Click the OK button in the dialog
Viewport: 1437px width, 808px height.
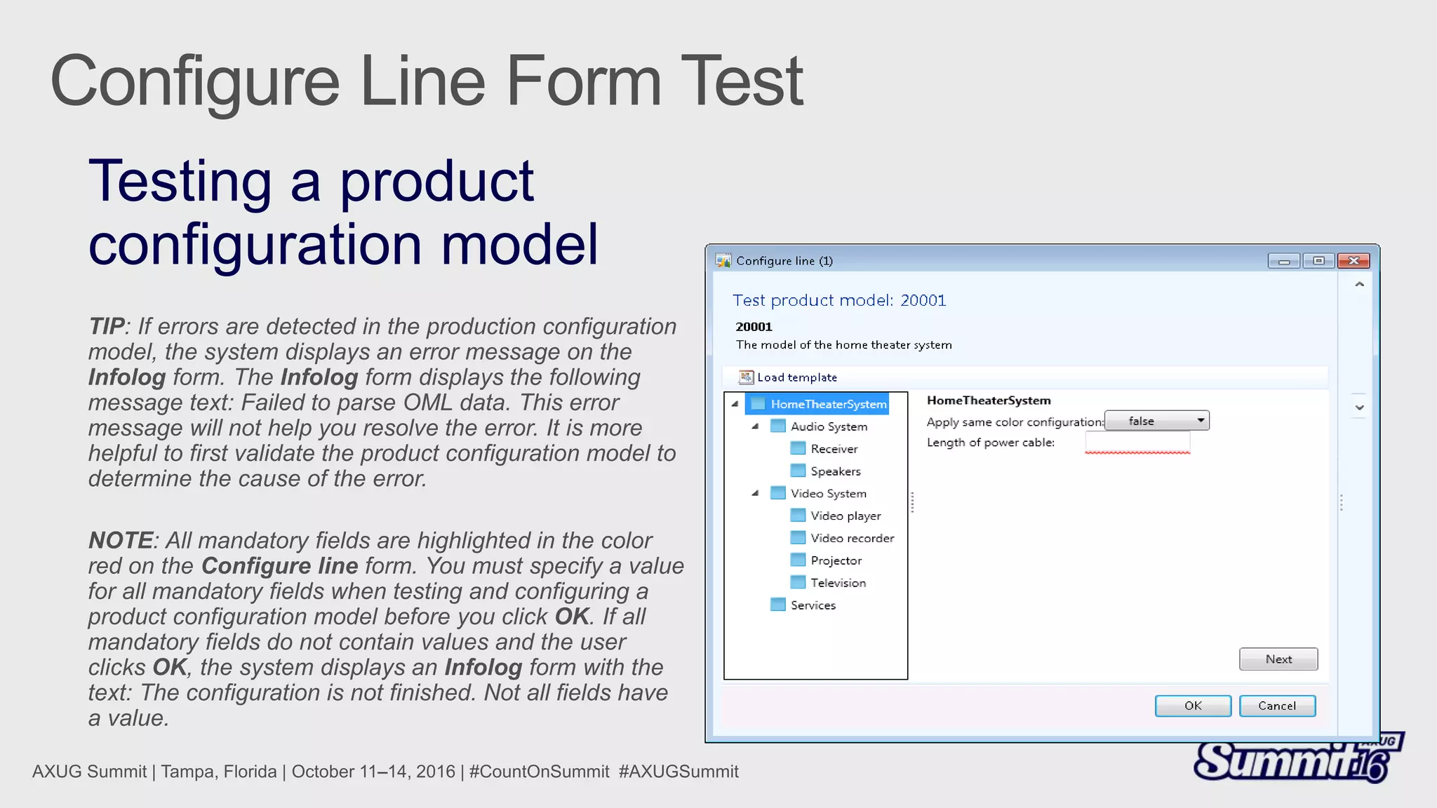coord(1192,706)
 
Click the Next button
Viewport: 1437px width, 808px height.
coord(1278,659)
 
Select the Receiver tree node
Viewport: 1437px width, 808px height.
coord(834,449)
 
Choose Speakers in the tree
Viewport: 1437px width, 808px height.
coord(835,471)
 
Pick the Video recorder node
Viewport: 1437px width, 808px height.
coord(852,538)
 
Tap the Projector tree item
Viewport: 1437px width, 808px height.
coord(836,560)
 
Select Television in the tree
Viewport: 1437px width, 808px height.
coord(838,583)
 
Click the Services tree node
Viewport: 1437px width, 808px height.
coord(813,605)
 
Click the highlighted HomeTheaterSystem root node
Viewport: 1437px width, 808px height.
coord(828,404)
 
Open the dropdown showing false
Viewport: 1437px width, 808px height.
coord(1156,421)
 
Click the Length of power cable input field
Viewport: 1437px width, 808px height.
coord(1137,443)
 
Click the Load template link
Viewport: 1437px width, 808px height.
coord(796,377)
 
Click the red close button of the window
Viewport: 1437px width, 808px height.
coord(1353,261)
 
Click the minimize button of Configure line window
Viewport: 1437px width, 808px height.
coord(1283,261)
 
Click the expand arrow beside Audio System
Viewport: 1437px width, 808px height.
coord(756,426)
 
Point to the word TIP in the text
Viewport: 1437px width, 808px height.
coord(107,327)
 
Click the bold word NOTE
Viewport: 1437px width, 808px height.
coord(120,541)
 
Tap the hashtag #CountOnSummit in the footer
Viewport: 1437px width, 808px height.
coord(539,772)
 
